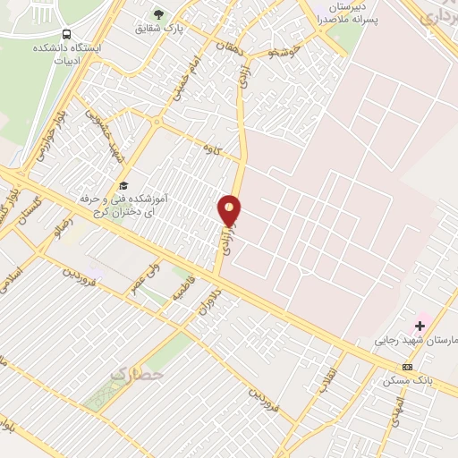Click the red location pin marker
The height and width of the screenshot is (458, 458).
tap(230, 211)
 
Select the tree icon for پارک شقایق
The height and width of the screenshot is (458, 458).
tap(158, 14)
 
